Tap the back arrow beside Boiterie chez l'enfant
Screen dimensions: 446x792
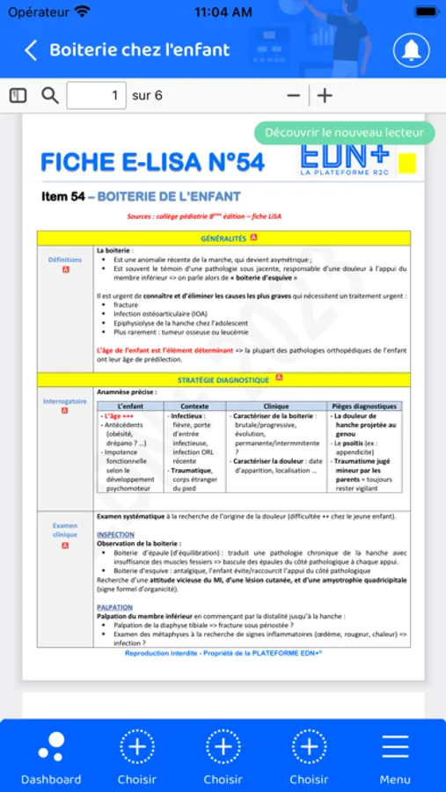[31, 50]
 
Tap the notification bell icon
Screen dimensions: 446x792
[411, 50]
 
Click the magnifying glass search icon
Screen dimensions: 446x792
[50, 95]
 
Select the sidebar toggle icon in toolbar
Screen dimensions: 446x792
[18, 95]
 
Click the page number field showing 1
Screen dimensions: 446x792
[97, 95]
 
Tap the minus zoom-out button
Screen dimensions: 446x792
[294, 95]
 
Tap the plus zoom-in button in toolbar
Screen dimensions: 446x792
[325, 95]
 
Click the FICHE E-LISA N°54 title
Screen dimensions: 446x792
[152, 162]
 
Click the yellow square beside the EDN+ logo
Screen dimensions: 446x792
[407, 162]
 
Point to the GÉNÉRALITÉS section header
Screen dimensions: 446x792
[223, 238]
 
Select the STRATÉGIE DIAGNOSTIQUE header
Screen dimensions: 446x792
[223, 379]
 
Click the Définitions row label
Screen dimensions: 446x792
[65, 260]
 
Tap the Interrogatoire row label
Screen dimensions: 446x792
[65, 401]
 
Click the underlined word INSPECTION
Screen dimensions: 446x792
[115, 534]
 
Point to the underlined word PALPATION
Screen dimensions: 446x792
[114, 607]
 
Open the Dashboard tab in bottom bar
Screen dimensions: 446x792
[51, 756]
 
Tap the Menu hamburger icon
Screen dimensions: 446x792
[395, 756]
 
